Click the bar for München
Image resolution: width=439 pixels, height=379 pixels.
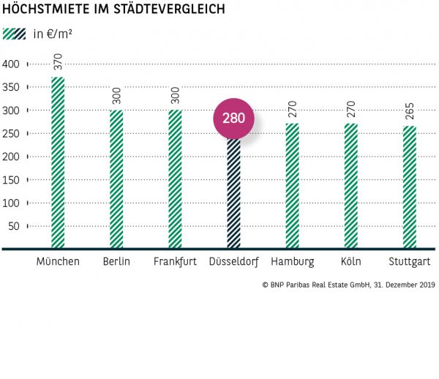pos(58,162)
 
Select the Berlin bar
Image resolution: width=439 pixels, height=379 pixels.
pos(116,179)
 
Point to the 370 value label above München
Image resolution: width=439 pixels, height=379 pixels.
pos(58,62)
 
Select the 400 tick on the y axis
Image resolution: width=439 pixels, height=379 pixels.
pos(11,64)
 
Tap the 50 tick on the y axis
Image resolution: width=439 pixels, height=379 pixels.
pos(14,226)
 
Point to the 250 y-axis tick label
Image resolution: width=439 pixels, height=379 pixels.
pos(11,134)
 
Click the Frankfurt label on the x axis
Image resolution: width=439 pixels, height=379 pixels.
pos(175,262)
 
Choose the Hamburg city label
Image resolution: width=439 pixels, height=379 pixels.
pos(292,262)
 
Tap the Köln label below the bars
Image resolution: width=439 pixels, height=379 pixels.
pos(350,262)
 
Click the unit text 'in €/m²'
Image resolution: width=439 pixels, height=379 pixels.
pos(53,34)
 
